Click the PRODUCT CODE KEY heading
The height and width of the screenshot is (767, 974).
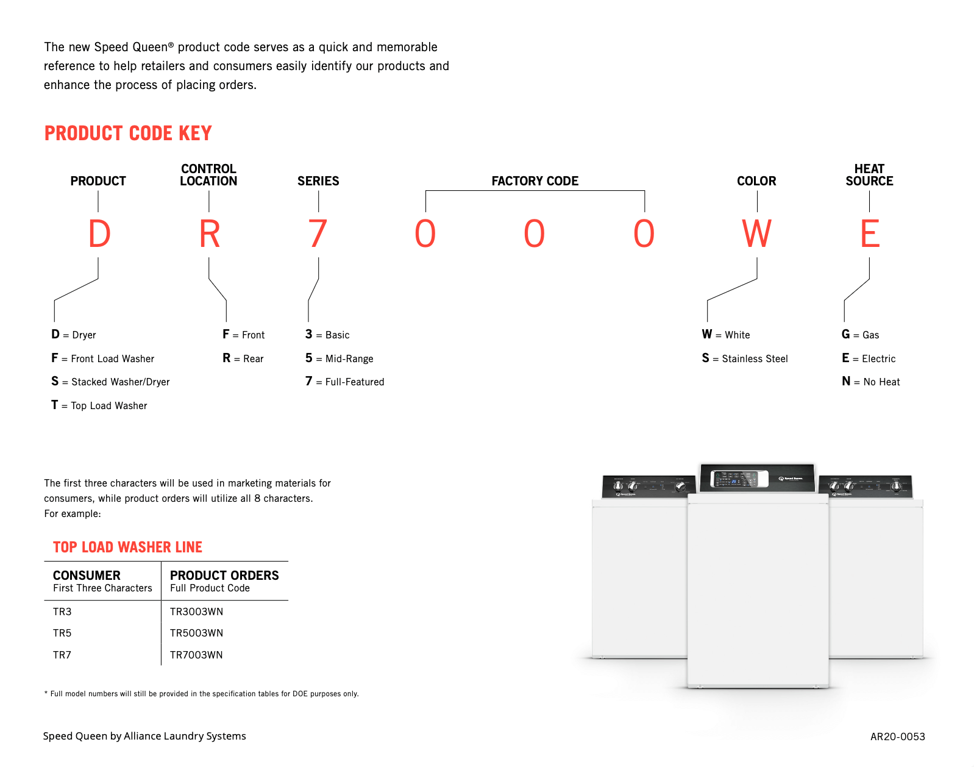click(128, 134)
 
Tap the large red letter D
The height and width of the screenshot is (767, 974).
click(99, 234)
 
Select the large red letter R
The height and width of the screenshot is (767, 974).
click(209, 234)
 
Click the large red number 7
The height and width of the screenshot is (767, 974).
click(318, 234)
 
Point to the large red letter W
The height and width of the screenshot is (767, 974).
click(756, 234)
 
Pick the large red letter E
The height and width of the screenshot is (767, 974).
click(870, 234)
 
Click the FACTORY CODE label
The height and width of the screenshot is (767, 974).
click(535, 181)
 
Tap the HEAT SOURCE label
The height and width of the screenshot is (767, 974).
click(869, 175)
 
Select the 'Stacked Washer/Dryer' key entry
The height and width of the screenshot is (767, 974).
click(111, 382)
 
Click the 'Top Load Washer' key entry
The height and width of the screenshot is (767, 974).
click(99, 405)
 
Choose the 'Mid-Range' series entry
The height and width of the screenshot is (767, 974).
click(339, 359)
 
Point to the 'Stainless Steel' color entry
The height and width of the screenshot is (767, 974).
click(745, 359)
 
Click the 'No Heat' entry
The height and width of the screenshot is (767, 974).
click(871, 382)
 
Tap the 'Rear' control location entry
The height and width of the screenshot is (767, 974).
click(243, 359)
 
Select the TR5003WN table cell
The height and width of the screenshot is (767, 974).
click(196, 633)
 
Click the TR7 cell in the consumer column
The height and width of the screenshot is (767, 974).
click(62, 655)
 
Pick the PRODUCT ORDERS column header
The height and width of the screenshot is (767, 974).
click(224, 576)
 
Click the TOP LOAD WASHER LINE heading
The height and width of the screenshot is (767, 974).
click(127, 547)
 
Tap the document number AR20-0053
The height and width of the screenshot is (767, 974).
click(897, 737)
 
